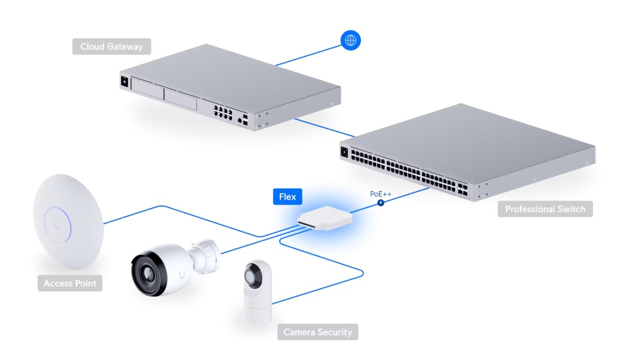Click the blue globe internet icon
[x=350, y=41]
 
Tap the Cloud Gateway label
[x=112, y=46]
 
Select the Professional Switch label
[x=545, y=209]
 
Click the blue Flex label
[x=287, y=197]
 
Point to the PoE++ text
[x=380, y=194]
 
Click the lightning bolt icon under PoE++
[x=380, y=203]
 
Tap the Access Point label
[x=70, y=283]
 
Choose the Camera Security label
[x=317, y=332]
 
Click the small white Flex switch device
[x=325, y=218]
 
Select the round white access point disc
[x=68, y=221]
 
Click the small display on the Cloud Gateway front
[x=125, y=82]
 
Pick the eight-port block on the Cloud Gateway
[x=223, y=112]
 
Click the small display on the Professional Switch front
[x=344, y=152]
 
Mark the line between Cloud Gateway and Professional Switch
[x=324, y=128]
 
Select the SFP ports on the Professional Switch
[x=463, y=190]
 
